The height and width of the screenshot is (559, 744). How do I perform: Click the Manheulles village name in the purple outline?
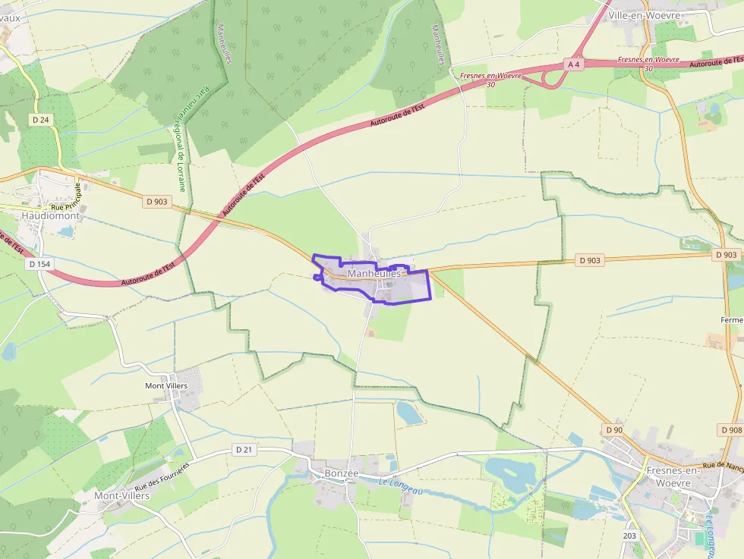tap(374, 273)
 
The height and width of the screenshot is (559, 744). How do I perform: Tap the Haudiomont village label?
tap(51, 215)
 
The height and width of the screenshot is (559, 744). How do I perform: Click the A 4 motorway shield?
tap(574, 64)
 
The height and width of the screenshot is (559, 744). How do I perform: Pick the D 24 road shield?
tap(41, 119)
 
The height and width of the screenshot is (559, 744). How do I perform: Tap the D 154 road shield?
tap(39, 263)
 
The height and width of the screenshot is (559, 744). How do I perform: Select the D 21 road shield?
tap(244, 449)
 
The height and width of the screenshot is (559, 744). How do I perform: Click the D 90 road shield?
tap(614, 430)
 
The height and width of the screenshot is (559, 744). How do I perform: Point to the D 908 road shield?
tap(730, 430)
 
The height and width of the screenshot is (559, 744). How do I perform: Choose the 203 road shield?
tap(630, 535)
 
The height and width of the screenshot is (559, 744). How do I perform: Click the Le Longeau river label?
tap(401, 486)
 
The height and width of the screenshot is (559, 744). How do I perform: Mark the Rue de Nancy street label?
tap(723, 466)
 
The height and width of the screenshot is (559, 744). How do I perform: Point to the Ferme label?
tap(732, 319)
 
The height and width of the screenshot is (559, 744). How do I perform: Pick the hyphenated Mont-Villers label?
tap(121, 495)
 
